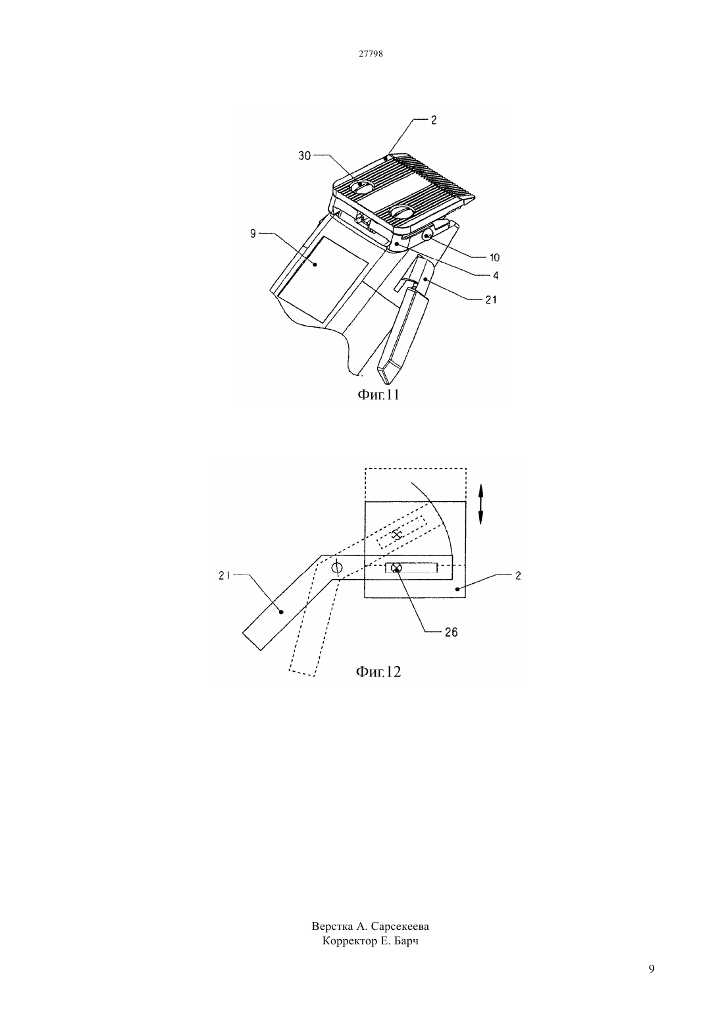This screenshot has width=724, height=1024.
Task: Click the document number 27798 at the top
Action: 371,53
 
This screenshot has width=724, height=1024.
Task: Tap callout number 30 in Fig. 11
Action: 304,156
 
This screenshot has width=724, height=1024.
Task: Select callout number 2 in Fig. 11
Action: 433,120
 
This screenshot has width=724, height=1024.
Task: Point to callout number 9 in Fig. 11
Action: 253,234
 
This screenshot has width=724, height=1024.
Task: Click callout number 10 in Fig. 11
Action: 494,257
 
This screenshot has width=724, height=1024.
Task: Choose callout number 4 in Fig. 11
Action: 496,276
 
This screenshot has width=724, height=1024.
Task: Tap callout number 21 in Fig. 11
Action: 491,300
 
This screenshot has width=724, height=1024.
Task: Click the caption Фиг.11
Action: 378,394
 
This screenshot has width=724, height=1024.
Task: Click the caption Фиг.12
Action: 378,671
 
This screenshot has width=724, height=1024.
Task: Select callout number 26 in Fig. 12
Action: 451,632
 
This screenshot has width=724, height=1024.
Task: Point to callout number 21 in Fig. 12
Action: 224,576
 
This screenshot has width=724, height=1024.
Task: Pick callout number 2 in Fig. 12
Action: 518,576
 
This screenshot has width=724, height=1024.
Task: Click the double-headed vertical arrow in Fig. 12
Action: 480,505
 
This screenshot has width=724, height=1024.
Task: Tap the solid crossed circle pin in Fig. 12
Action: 397,568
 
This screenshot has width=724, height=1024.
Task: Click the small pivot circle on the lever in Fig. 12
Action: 337,568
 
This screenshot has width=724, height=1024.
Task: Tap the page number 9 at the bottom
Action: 652,982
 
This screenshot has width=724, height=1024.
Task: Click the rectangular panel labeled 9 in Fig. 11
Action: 323,279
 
